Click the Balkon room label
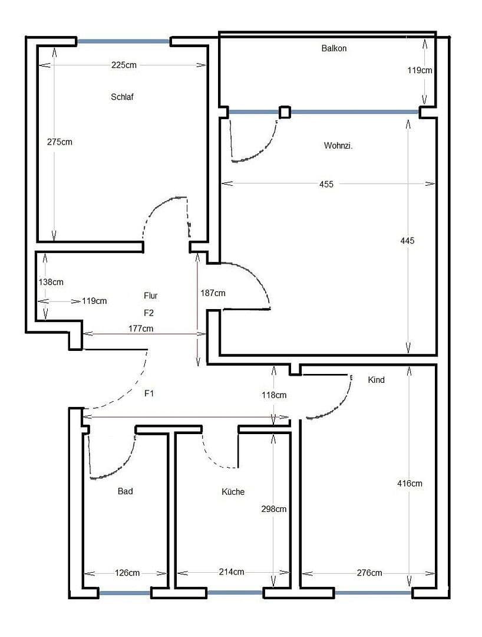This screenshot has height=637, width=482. (334, 48)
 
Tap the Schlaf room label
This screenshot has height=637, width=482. (123, 97)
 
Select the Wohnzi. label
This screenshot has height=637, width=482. (338, 146)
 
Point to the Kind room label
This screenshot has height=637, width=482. (376, 380)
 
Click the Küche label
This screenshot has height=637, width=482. (233, 491)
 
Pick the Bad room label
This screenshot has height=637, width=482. (125, 491)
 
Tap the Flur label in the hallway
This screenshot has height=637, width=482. (150, 295)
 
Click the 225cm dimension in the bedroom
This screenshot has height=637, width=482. (124, 65)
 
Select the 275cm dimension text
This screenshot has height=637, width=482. (60, 142)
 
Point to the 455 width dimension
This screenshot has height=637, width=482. (326, 184)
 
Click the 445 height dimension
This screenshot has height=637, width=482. (407, 241)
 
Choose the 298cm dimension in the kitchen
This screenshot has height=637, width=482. (273, 509)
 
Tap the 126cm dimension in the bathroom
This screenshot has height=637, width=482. (127, 573)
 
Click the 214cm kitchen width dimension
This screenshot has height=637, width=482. (231, 572)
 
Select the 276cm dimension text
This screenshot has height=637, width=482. (369, 573)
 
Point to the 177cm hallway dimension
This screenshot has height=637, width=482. (141, 329)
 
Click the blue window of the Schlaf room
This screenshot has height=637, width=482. (124, 41)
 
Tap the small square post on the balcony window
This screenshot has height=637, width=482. (285, 111)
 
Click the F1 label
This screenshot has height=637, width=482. (149, 393)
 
